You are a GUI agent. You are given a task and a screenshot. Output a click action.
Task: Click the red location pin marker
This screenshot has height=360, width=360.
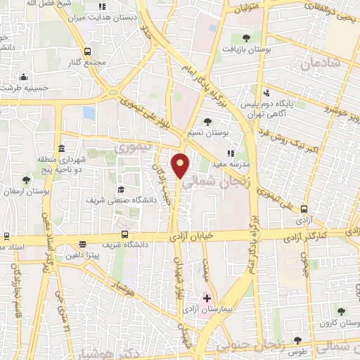tap(181, 165)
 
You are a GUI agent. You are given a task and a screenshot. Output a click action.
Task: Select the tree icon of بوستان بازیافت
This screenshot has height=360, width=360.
tap(245, 39)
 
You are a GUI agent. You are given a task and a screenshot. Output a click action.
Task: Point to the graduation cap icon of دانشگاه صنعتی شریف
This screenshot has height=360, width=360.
tap(121, 189)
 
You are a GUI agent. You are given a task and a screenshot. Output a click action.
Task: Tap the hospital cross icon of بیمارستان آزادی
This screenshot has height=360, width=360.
tap(207, 299)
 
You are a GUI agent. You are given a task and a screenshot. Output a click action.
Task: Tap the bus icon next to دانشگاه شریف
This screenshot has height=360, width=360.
tap(124, 235)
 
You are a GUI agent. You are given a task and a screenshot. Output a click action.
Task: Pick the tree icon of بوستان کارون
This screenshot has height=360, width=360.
tap(341, 311)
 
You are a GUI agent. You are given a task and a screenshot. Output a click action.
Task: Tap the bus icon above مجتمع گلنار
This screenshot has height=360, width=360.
tap(87, 51)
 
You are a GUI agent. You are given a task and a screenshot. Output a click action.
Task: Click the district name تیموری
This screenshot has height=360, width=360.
tap(129, 149)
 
